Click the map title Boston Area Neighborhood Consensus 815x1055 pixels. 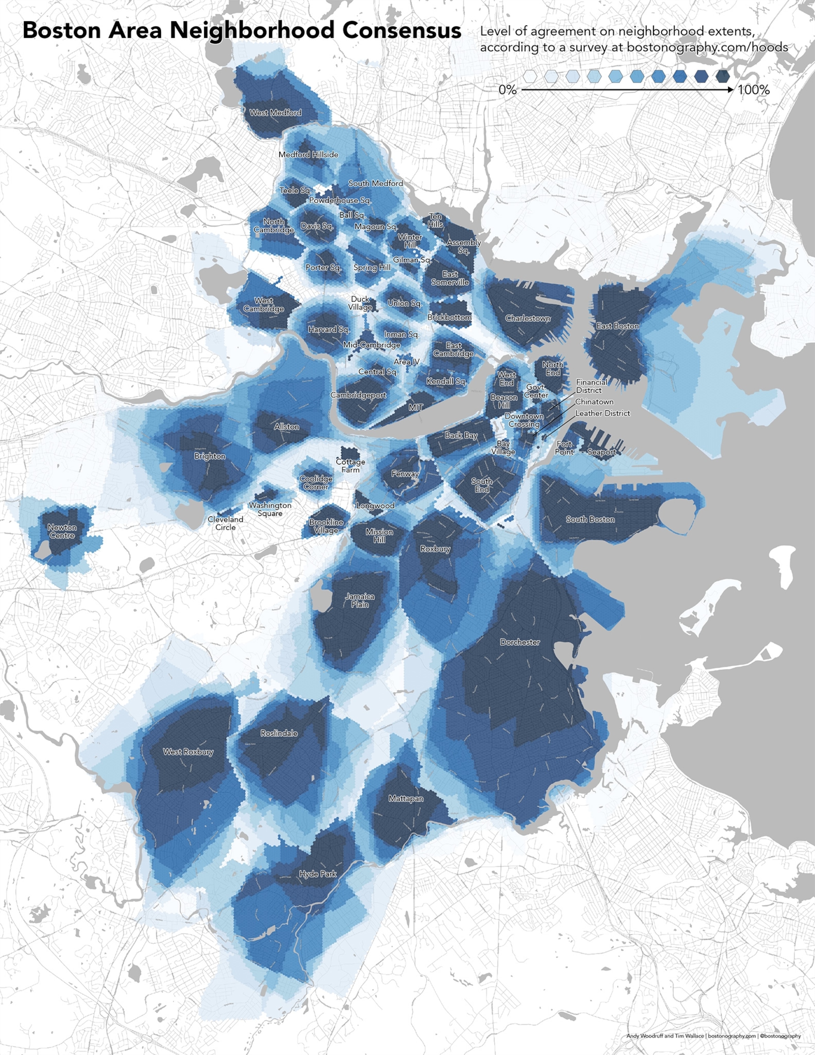tap(241, 31)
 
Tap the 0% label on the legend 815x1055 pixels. tap(508, 90)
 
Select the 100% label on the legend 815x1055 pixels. tap(753, 90)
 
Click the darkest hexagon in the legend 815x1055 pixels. tap(722, 76)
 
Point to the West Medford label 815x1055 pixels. tap(275, 113)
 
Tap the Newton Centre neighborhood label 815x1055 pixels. tap(62, 531)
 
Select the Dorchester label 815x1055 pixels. tap(520, 642)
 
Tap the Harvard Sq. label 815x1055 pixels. tap(329, 329)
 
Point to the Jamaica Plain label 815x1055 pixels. tap(360, 600)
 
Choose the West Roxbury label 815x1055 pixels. tap(188, 752)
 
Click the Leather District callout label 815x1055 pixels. tap(603, 413)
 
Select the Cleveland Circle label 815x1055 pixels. tap(225, 523)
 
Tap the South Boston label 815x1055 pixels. tap(590, 519)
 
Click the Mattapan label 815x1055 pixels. tap(406, 798)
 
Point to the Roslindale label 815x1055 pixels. tap(279, 733)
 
